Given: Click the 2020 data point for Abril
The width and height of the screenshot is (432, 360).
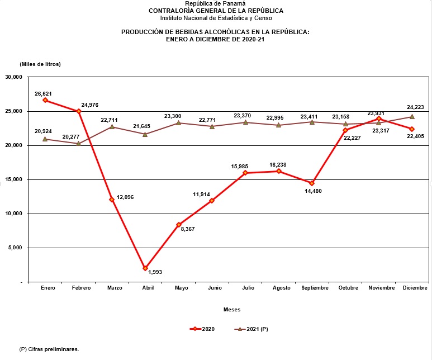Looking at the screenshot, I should coord(145,268).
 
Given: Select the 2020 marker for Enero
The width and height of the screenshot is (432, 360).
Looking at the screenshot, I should coord(45,100).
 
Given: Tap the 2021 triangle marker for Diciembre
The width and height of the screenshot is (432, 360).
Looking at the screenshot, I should coord(412,117).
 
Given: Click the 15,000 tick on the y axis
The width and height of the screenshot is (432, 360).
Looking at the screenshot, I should coord(13,179).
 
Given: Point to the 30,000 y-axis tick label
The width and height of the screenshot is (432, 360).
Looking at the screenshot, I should coord(13,77).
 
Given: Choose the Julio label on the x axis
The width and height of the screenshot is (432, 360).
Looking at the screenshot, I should coord(248,287).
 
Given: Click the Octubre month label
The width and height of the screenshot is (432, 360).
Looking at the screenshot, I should coord(348,287).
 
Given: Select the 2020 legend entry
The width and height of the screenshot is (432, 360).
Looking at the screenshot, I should coord(202,329).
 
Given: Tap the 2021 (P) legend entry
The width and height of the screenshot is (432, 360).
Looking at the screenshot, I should coord(251,329).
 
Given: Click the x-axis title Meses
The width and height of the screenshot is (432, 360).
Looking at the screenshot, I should coord(232,309).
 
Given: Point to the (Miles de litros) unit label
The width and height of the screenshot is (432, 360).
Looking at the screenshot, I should coord(40,64).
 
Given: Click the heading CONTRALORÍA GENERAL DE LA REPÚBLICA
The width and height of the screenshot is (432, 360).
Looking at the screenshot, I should coord(216,11).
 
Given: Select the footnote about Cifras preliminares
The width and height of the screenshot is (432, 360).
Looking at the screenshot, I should coord(49,349).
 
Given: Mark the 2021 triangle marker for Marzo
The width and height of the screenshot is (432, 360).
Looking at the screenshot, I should coord(112,127).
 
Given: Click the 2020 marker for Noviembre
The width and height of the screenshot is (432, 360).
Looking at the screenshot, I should coord(379,119).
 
